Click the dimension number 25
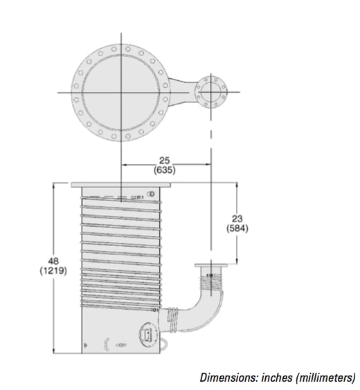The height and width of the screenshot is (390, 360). click(163, 158)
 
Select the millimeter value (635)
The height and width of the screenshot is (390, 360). click(163, 169)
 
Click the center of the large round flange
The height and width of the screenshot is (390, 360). click(120, 91)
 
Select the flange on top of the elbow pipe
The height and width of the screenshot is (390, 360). click(210, 266)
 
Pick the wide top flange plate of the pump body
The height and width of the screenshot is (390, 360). click(120, 185)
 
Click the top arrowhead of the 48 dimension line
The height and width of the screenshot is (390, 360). click(55, 185)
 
